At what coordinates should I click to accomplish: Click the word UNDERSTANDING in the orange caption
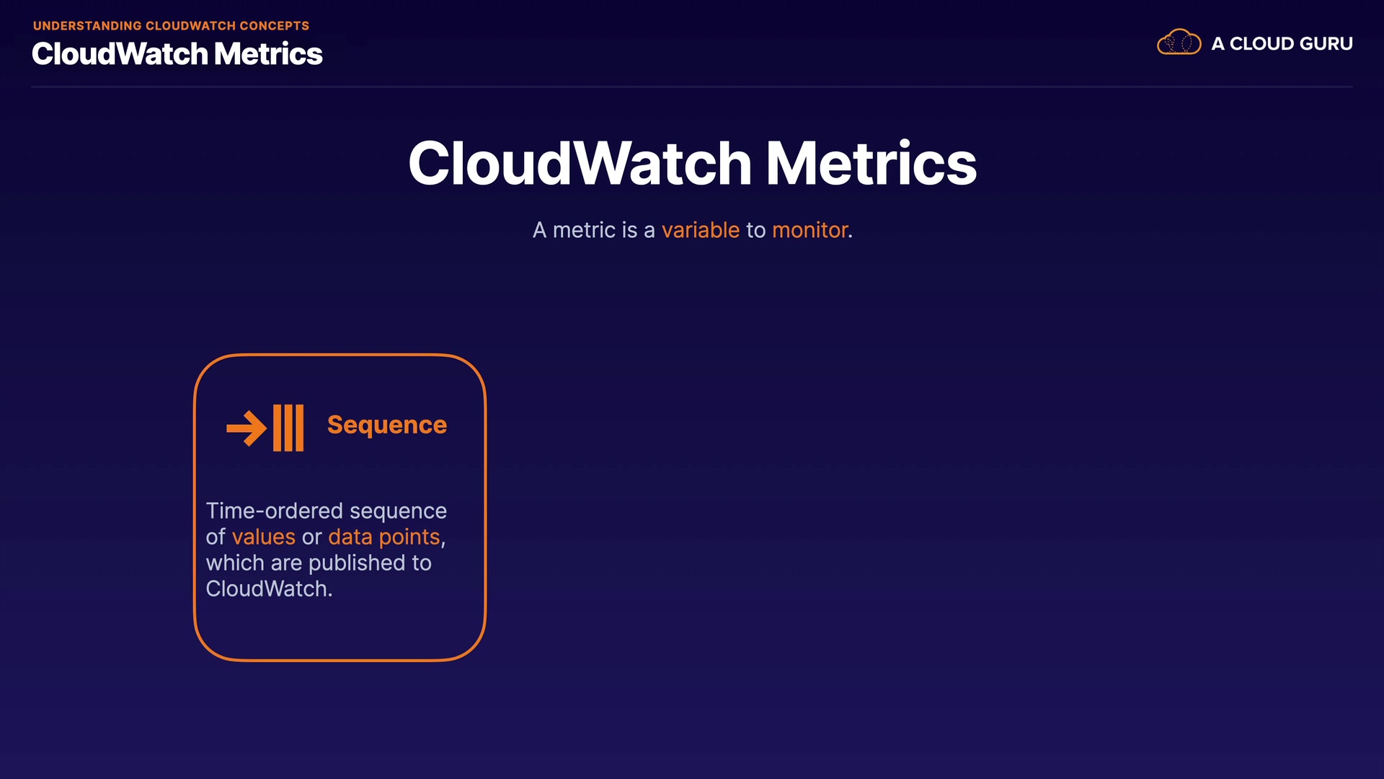coord(87,26)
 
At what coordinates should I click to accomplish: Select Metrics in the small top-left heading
coord(268,54)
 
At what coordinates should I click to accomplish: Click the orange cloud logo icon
coord(1179,43)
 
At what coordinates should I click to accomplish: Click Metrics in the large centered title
coord(871,163)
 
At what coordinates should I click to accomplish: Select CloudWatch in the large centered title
coord(580,163)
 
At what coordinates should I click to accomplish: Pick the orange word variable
coord(701,230)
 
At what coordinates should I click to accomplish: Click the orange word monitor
coord(810,230)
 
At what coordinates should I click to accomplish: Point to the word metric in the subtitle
coord(584,230)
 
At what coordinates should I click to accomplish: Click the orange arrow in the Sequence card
coord(247,428)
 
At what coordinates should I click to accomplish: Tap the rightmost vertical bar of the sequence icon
coord(299,428)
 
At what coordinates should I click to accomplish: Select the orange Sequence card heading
coord(387,425)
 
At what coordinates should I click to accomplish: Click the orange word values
coord(264,537)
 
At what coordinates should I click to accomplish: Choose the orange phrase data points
coord(384,537)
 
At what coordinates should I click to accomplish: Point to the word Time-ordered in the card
coord(275,511)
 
